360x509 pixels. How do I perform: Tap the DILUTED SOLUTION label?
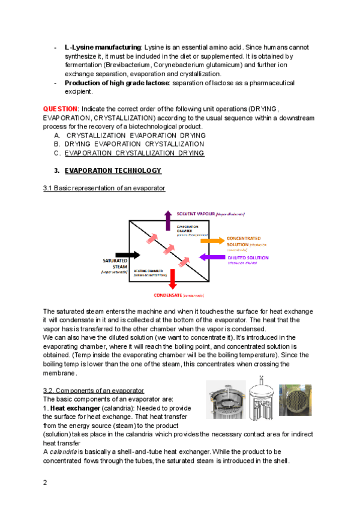[244, 258]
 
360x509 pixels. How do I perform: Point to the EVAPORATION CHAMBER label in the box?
[188, 229]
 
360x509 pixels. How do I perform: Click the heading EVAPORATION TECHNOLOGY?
[113, 170]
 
